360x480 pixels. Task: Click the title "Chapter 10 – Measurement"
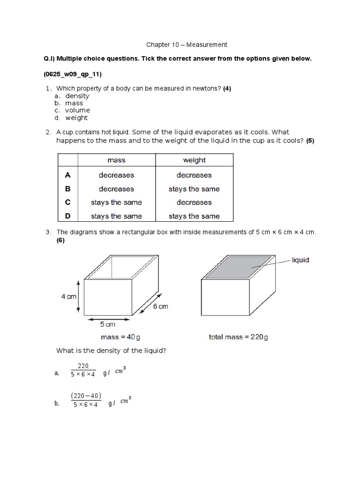[187, 45]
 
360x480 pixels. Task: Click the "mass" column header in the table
[116, 160]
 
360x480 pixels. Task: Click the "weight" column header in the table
[194, 160]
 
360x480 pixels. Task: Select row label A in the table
[67, 175]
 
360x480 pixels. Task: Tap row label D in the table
[67, 216]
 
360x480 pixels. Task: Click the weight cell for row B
[194, 189]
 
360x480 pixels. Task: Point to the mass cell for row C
[116, 202]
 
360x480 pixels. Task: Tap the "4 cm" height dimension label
[68, 296]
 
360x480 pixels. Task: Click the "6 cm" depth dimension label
[160, 307]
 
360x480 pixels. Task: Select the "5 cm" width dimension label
[108, 324]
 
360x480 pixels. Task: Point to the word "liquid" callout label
[300, 260]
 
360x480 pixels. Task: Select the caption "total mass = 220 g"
[239, 337]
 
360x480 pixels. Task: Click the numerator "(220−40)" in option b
[86, 396]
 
